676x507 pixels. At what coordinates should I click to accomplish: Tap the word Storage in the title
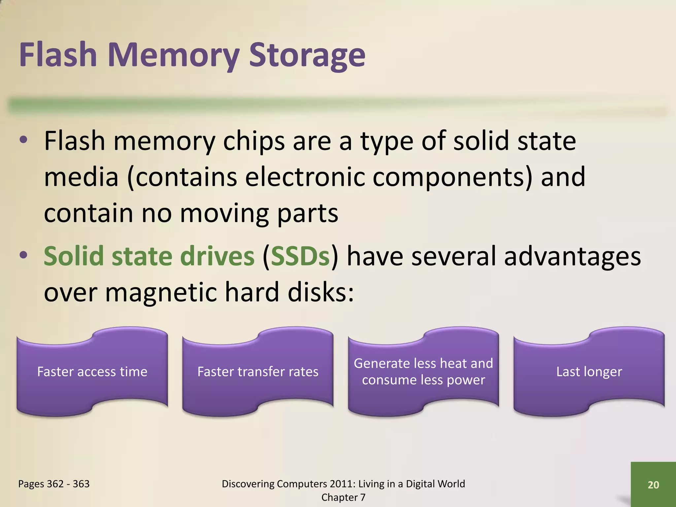307,55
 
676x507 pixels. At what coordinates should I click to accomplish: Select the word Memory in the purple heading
173,55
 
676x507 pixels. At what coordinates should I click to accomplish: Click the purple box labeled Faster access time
92,372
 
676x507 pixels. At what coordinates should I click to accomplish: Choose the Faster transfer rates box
258,372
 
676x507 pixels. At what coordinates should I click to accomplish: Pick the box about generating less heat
423,372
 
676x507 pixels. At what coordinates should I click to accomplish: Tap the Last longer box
589,372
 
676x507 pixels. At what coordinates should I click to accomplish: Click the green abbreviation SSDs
300,256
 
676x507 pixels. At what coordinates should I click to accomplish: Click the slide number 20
653,485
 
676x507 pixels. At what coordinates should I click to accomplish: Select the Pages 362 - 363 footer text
54,484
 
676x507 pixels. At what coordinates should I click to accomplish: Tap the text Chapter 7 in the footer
343,497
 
